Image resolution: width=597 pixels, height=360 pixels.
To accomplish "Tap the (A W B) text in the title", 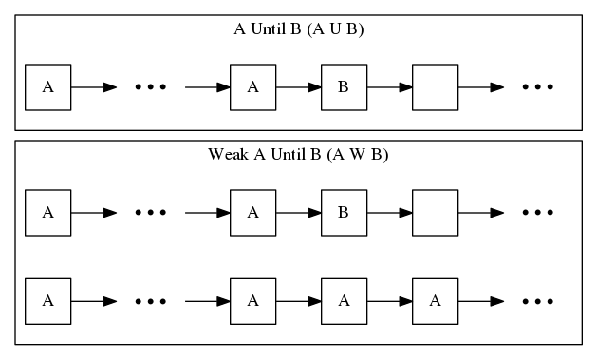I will (x=357, y=155).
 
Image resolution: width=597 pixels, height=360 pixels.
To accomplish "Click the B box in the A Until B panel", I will (x=344, y=87).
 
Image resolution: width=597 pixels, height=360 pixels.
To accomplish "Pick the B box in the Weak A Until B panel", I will (x=344, y=213).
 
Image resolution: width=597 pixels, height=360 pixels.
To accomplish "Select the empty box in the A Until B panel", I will (x=435, y=87).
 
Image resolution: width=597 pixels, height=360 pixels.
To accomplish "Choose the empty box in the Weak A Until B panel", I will (x=435, y=213).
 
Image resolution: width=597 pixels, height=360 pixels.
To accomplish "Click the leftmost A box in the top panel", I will (x=48, y=87).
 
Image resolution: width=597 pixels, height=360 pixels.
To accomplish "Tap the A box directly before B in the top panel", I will (x=252, y=87).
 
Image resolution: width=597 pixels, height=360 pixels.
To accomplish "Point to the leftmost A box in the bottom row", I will (x=48, y=301).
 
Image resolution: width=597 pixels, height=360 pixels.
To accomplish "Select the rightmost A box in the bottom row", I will (x=435, y=301).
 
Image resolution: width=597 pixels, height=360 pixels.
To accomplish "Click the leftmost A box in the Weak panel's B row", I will (x=48, y=213).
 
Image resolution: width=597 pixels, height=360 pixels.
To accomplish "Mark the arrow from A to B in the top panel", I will (x=298, y=87).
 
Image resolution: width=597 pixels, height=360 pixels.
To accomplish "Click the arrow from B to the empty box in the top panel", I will (x=389, y=87).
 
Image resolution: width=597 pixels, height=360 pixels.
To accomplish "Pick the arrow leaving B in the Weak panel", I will (x=389, y=213).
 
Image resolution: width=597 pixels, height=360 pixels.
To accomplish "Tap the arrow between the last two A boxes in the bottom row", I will (x=389, y=301).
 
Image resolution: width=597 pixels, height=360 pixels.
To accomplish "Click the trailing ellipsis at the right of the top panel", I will (x=537, y=87).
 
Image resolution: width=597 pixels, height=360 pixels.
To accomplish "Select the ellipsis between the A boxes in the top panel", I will (x=150, y=87).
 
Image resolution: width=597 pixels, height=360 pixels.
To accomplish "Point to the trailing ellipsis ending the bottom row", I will (x=537, y=301).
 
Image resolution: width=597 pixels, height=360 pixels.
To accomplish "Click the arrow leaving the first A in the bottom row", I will (x=94, y=301).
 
